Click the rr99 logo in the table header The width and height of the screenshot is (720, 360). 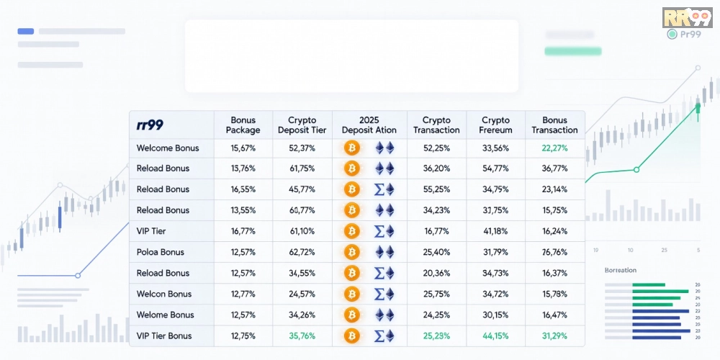click(x=150, y=125)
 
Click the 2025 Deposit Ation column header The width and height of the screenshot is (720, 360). click(x=369, y=125)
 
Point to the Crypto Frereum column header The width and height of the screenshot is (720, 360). click(x=495, y=125)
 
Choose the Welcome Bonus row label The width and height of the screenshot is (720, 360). click(x=168, y=148)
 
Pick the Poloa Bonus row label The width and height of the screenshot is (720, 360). click(x=161, y=252)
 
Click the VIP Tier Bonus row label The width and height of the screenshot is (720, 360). click(x=164, y=336)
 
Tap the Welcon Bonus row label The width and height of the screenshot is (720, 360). click(x=164, y=294)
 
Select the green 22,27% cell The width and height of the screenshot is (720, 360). click(x=554, y=148)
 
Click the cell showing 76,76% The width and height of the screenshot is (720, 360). click(x=554, y=252)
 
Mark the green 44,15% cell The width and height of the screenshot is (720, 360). click(x=495, y=336)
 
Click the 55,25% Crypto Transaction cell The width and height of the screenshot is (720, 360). click(x=436, y=189)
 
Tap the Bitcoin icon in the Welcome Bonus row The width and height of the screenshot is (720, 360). click(x=352, y=148)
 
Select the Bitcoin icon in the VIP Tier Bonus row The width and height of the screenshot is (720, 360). click(x=352, y=336)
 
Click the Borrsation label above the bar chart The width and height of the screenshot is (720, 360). click(x=621, y=271)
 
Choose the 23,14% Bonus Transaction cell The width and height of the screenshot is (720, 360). click(x=554, y=189)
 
